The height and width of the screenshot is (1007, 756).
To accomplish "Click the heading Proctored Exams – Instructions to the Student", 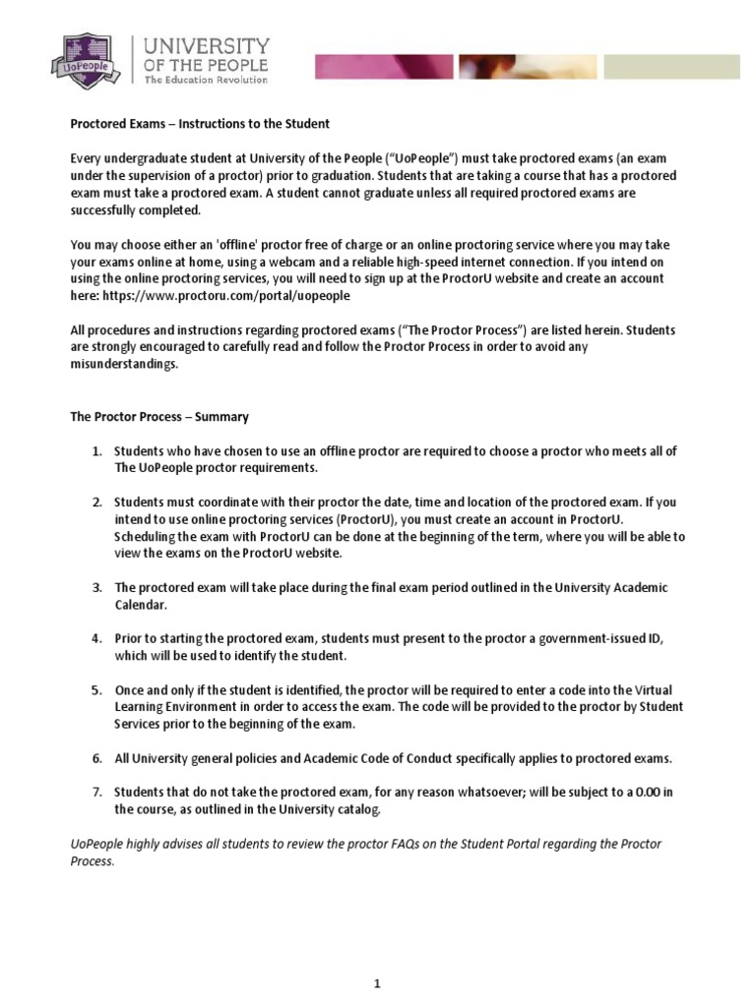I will (200, 124).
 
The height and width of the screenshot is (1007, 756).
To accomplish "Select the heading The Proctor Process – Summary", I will (158, 417).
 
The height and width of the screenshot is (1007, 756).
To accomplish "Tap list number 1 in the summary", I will (97, 451).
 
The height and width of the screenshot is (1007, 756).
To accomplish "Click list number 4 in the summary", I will (97, 639).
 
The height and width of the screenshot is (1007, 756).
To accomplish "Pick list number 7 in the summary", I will (97, 793).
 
